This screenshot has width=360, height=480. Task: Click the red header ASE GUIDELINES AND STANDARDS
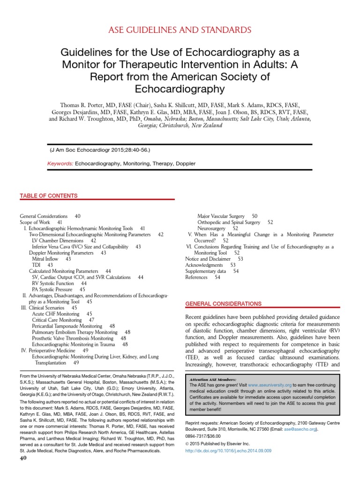point(180,30)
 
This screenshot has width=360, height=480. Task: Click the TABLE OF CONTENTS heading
point(49,195)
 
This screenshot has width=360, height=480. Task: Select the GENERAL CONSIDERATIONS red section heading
point(223,304)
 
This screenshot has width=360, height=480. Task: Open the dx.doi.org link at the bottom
point(228,450)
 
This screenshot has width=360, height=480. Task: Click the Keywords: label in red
point(61,164)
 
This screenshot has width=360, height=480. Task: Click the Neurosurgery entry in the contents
point(211,228)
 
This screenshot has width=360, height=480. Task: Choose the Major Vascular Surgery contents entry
point(222,216)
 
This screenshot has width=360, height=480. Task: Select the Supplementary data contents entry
point(206,271)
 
